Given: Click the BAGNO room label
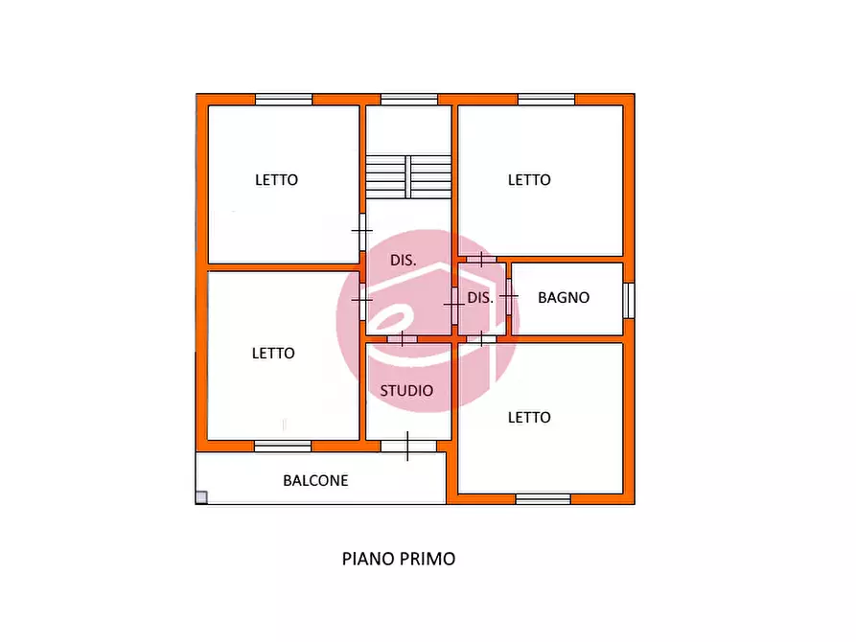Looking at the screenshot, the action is tap(564, 298).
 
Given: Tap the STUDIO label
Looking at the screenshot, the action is tap(406, 390).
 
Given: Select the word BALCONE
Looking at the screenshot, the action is tap(315, 480).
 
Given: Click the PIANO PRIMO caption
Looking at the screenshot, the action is tap(399, 559).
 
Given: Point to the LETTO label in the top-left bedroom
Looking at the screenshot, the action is tap(277, 179).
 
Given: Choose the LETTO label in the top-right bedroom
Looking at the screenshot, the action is tap(529, 179).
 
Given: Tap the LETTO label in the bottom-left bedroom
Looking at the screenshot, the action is tap(273, 354).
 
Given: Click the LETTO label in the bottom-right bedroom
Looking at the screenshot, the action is tap(529, 418).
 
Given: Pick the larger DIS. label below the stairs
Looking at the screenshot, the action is tap(404, 261).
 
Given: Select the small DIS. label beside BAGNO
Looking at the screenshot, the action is tap(480, 298).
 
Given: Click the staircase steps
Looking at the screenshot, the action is tap(408, 176).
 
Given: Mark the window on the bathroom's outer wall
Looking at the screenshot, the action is tap(629, 300).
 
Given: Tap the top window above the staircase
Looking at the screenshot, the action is tap(409, 100).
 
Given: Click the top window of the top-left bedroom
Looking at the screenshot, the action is tap(284, 100).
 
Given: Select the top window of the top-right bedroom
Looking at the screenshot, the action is tap(546, 100).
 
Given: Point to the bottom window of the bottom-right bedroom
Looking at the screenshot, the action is tap(544, 499).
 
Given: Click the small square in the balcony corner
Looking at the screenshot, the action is tap(201, 496).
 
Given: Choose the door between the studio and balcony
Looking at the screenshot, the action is tap(408, 446).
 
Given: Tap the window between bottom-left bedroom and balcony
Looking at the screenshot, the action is tap(283, 446).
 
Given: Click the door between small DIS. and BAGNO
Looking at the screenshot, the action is tap(509, 296).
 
